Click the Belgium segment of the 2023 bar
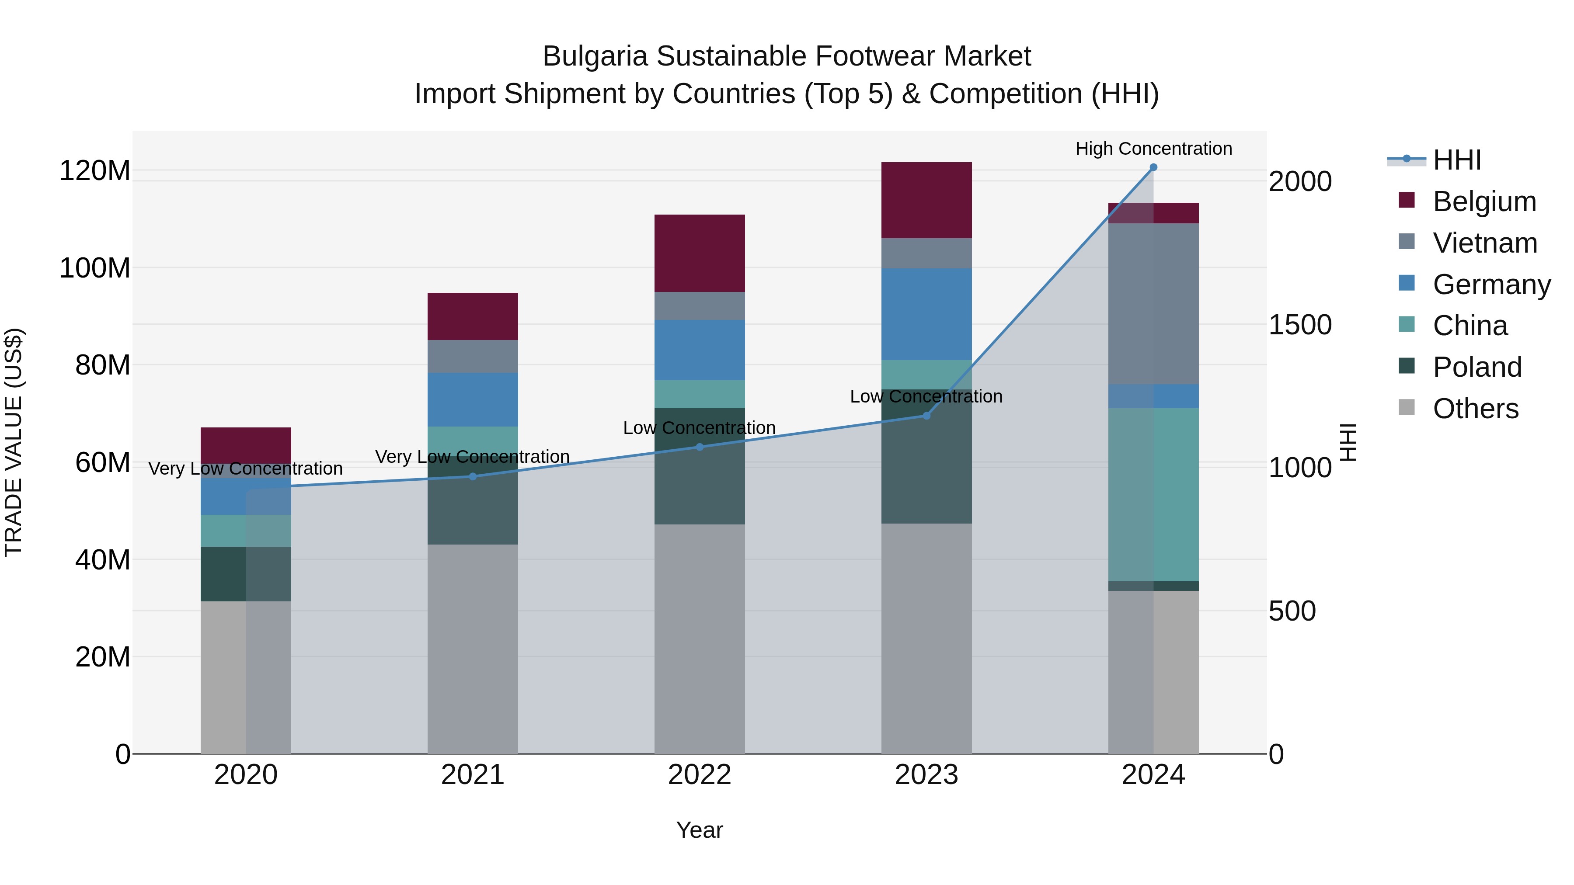[926, 200]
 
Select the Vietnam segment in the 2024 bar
[1153, 304]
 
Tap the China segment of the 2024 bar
[1153, 494]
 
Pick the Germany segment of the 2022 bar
[700, 350]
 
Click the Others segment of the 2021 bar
[472, 649]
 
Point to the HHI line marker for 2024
[1153, 167]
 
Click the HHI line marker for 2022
[700, 447]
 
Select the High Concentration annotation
[1153, 149]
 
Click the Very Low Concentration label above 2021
[472, 457]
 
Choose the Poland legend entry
[1477, 367]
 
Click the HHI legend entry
[1457, 160]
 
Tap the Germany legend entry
[1491, 285]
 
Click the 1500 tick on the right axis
[1300, 325]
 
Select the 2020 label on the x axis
[246, 775]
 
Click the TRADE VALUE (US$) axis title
[14, 442]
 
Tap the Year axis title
[700, 830]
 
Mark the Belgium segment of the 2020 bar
[246, 445]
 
